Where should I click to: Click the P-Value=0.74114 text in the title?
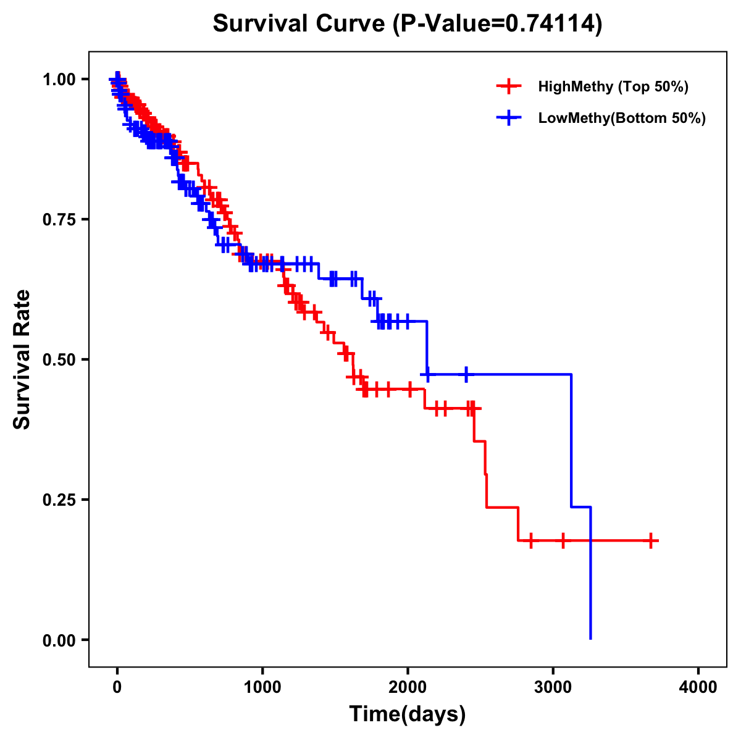[498, 24]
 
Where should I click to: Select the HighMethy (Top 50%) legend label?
[613, 86]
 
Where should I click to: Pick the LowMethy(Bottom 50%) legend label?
[622, 118]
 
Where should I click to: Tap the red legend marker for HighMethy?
[509, 86]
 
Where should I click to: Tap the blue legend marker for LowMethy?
[509, 118]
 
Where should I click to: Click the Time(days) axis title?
[408, 714]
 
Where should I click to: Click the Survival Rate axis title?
[23, 359]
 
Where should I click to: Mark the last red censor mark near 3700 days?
[650, 540]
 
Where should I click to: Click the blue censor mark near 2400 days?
[466, 374]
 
